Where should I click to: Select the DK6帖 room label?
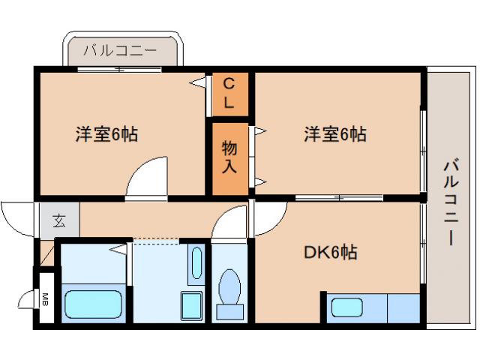pos(329,253)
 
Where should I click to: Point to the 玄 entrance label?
pos(58,220)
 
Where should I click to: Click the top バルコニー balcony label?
pos(120,52)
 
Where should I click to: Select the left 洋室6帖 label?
pos(106,135)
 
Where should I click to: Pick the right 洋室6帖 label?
pos(334,135)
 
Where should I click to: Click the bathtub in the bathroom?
pos(92,304)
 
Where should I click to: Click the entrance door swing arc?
pos(16,220)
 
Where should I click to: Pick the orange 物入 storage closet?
pos(229,157)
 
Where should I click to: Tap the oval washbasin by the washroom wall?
pos(195,262)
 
